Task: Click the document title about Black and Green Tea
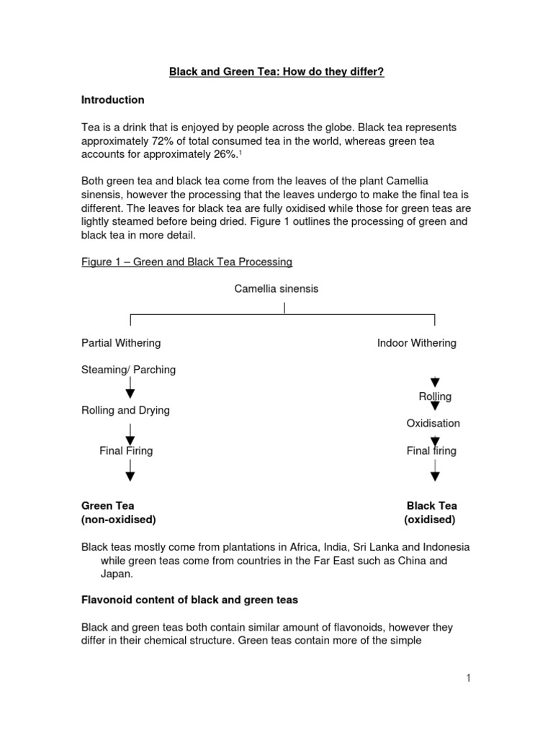[276, 72]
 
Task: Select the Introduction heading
[112, 99]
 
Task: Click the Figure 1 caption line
[186, 261]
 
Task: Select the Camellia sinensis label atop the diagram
[276, 288]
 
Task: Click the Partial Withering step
[121, 343]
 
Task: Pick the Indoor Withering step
[416, 343]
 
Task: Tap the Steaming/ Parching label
[128, 370]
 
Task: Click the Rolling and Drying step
[125, 410]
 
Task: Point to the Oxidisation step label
[433, 423]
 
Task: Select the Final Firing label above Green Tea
[126, 450]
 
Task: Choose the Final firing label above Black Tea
[431, 450]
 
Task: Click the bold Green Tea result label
[107, 506]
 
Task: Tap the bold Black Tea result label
[431, 506]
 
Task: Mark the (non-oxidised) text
[118, 519]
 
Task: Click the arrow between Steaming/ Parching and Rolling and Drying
[130, 389]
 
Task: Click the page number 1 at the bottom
[467, 677]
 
